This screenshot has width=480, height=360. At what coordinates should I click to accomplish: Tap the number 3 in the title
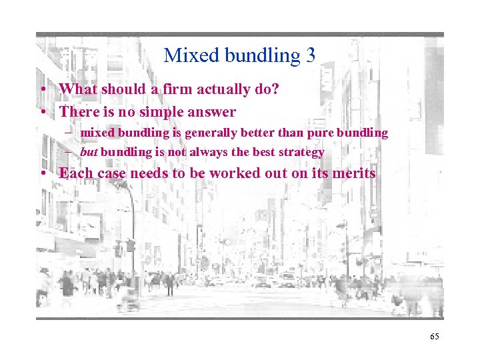[x=310, y=55]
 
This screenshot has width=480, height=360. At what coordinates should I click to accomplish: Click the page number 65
[x=435, y=337]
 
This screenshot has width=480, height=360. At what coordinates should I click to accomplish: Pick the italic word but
[x=89, y=152]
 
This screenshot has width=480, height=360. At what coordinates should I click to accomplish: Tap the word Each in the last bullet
[x=74, y=173]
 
